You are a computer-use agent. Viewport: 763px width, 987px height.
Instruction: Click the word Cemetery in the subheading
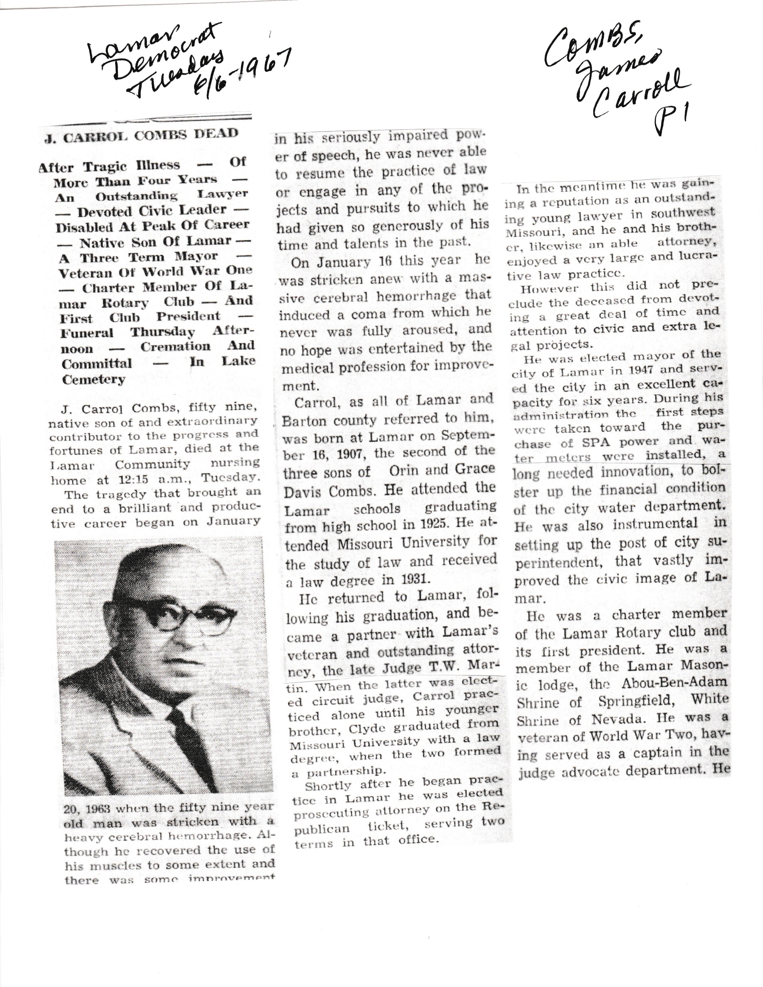94,380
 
